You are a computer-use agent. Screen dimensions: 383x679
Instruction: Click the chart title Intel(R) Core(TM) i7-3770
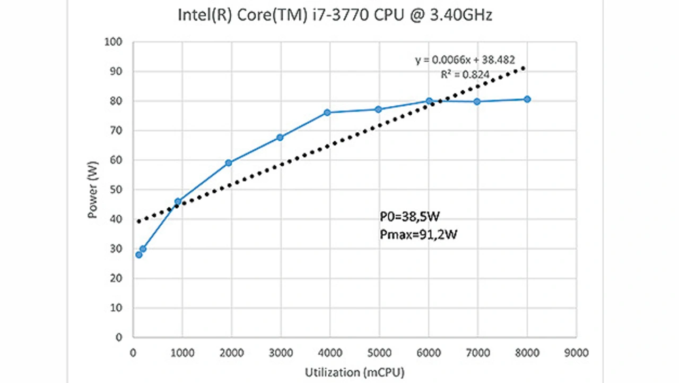[335, 15]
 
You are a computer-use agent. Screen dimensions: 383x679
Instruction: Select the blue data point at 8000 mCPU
[527, 99]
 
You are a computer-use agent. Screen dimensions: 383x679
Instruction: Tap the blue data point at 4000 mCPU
[327, 113]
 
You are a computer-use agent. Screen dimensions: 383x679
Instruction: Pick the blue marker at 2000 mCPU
[229, 163]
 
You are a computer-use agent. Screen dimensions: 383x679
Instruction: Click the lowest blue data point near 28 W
[139, 255]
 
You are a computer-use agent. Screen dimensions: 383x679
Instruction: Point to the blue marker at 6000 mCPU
[429, 101]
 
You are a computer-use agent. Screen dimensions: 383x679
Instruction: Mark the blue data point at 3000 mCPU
[280, 138]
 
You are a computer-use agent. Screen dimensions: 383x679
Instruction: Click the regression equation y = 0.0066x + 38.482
[465, 60]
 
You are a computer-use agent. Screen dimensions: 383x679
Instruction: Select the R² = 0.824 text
[465, 74]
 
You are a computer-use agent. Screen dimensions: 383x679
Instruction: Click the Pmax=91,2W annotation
[419, 234]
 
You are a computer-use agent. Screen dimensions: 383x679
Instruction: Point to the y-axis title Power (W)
[93, 190]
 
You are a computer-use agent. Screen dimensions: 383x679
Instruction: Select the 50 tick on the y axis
[116, 190]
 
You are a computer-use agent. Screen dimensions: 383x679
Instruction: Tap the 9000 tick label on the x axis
[576, 352]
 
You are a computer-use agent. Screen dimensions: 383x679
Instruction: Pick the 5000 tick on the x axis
[379, 352]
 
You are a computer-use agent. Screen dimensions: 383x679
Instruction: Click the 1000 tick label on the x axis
[182, 352]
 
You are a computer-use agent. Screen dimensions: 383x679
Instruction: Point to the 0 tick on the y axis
[119, 337]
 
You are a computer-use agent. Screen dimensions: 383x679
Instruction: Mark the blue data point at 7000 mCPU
[477, 101]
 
